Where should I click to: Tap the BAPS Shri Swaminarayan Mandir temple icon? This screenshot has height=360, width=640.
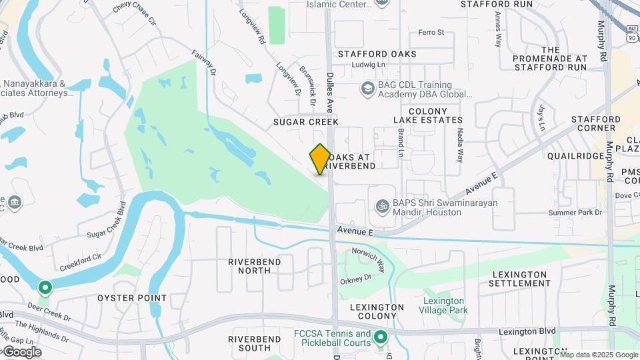pos(383,207)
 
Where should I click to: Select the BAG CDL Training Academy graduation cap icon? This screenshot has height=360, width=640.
pos(367,89)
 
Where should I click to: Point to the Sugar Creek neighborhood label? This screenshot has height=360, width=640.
pos(306,122)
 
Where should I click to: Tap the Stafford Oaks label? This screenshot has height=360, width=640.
pos(377,54)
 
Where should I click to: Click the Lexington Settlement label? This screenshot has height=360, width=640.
pos(521,279)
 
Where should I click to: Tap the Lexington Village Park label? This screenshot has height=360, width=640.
pos(445,305)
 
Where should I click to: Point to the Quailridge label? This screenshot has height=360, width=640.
pos(575,155)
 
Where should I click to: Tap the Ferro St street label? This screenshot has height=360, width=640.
pos(431,32)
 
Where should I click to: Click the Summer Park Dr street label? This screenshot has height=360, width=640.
pos(575,213)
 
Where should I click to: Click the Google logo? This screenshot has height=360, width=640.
pos(21,351)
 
